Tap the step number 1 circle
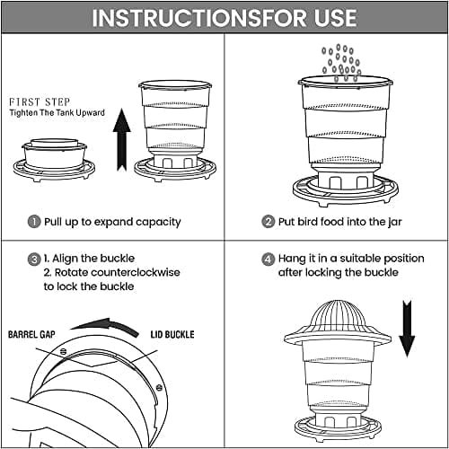34,222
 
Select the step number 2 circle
268,222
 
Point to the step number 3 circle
34,260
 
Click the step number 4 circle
268,260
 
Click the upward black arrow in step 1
122,140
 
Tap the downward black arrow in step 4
407,329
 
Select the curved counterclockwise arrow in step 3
105,324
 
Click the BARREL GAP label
31,334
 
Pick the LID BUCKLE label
172,334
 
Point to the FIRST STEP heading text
40,102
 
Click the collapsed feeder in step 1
54,160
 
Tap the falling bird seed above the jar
341,63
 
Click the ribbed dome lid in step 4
338,322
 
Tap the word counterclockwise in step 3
136,272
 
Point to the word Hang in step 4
291,259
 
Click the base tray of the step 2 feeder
346,191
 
